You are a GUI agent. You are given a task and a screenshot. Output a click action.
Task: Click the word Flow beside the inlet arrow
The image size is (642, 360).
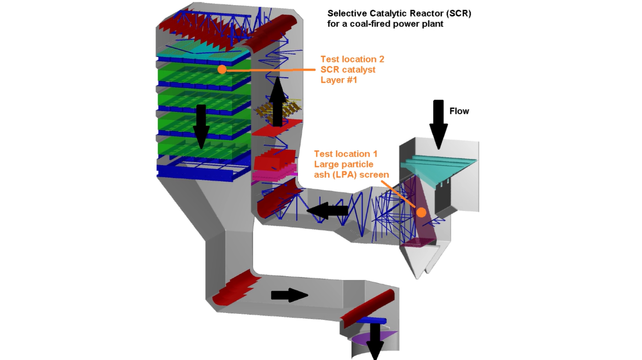coord(459,111)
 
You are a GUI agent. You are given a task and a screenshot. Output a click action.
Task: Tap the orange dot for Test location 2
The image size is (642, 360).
coord(222,70)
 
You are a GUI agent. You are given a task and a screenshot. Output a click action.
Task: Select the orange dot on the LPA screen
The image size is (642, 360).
coord(421,212)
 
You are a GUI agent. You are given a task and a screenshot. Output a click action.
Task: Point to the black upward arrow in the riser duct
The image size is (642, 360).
coord(277,102)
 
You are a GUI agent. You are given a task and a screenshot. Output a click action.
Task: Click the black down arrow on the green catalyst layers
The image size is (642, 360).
coord(201,126)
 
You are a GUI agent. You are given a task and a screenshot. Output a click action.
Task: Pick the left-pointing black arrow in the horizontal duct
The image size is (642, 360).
coord(327,211)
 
